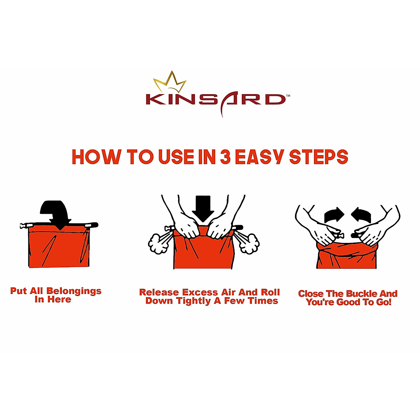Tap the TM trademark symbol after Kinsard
point(288,95)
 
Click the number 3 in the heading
point(225,157)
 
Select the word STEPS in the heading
point(318,157)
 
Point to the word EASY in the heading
point(259,157)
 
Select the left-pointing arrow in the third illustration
point(362,215)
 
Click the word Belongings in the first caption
point(74,291)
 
